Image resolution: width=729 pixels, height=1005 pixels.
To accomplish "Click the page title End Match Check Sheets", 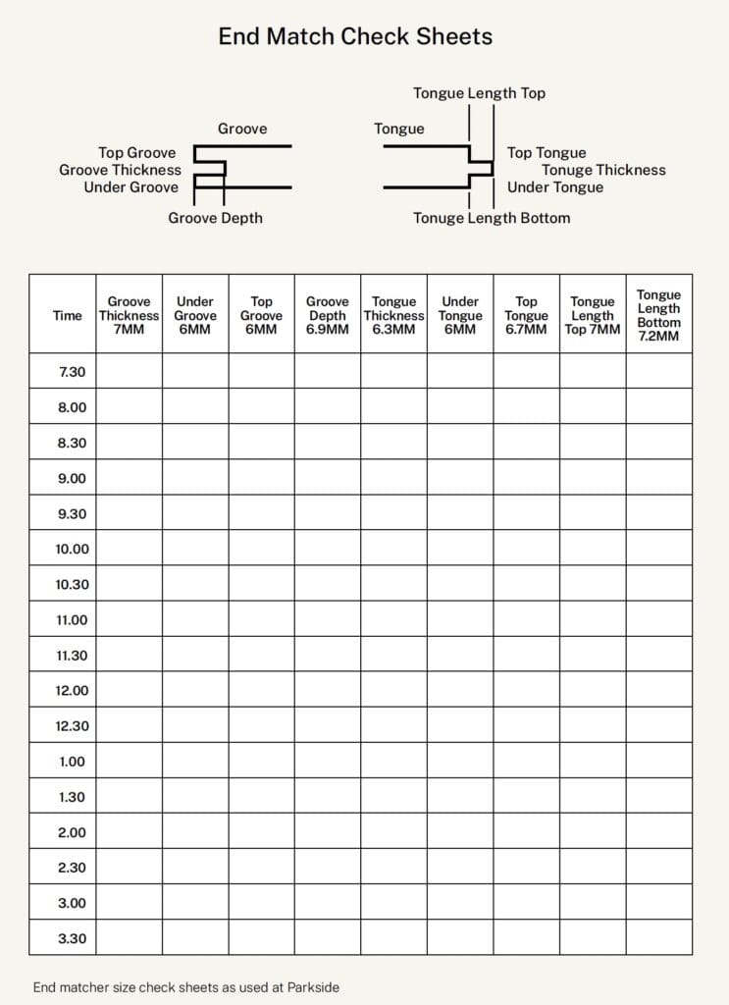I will (x=355, y=37).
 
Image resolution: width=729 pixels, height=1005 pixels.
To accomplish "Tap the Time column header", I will (x=68, y=316).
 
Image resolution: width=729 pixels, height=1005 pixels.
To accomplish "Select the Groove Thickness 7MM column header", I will (x=129, y=316).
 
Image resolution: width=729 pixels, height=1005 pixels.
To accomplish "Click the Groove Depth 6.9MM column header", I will (x=327, y=316).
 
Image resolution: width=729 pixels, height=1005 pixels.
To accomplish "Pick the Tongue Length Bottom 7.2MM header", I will (x=658, y=315).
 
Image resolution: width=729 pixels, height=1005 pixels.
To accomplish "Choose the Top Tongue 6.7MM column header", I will (x=526, y=316).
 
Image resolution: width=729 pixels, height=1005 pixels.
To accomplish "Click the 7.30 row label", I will (x=72, y=372).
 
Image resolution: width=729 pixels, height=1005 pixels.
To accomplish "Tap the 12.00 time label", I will (x=72, y=691).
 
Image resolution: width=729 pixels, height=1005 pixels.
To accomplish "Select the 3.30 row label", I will (x=72, y=938).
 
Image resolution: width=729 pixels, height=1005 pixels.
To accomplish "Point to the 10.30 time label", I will (x=72, y=585).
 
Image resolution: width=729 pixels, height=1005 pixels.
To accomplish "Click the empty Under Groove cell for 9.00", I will (x=195, y=478).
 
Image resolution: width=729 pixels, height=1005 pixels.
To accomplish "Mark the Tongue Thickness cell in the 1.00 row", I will (x=393, y=762).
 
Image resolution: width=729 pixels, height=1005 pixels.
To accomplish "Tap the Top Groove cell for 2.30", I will (x=261, y=868).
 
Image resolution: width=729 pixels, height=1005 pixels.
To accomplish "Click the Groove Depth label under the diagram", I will (x=215, y=218).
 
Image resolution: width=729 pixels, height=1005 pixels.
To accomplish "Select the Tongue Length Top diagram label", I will (x=479, y=93).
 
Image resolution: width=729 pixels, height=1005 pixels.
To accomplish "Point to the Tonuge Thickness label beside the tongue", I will (x=603, y=170).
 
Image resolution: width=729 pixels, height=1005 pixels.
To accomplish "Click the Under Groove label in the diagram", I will (x=131, y=187).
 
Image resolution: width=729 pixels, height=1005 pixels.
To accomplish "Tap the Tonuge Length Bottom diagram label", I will (x=491, y=218).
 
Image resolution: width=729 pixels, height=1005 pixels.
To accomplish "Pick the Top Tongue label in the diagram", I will (x=547, y=153).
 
